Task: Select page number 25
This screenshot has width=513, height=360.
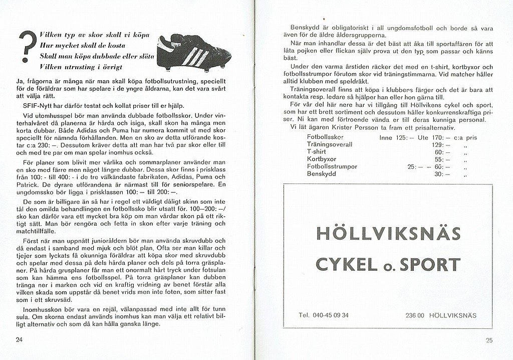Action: [489, 340]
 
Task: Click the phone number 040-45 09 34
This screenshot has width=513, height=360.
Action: [331, 315]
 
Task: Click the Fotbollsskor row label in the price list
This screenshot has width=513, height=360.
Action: [328, 136]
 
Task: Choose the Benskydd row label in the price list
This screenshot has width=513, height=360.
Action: [322, 174]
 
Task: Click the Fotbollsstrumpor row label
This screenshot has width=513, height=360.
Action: [332, 166]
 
